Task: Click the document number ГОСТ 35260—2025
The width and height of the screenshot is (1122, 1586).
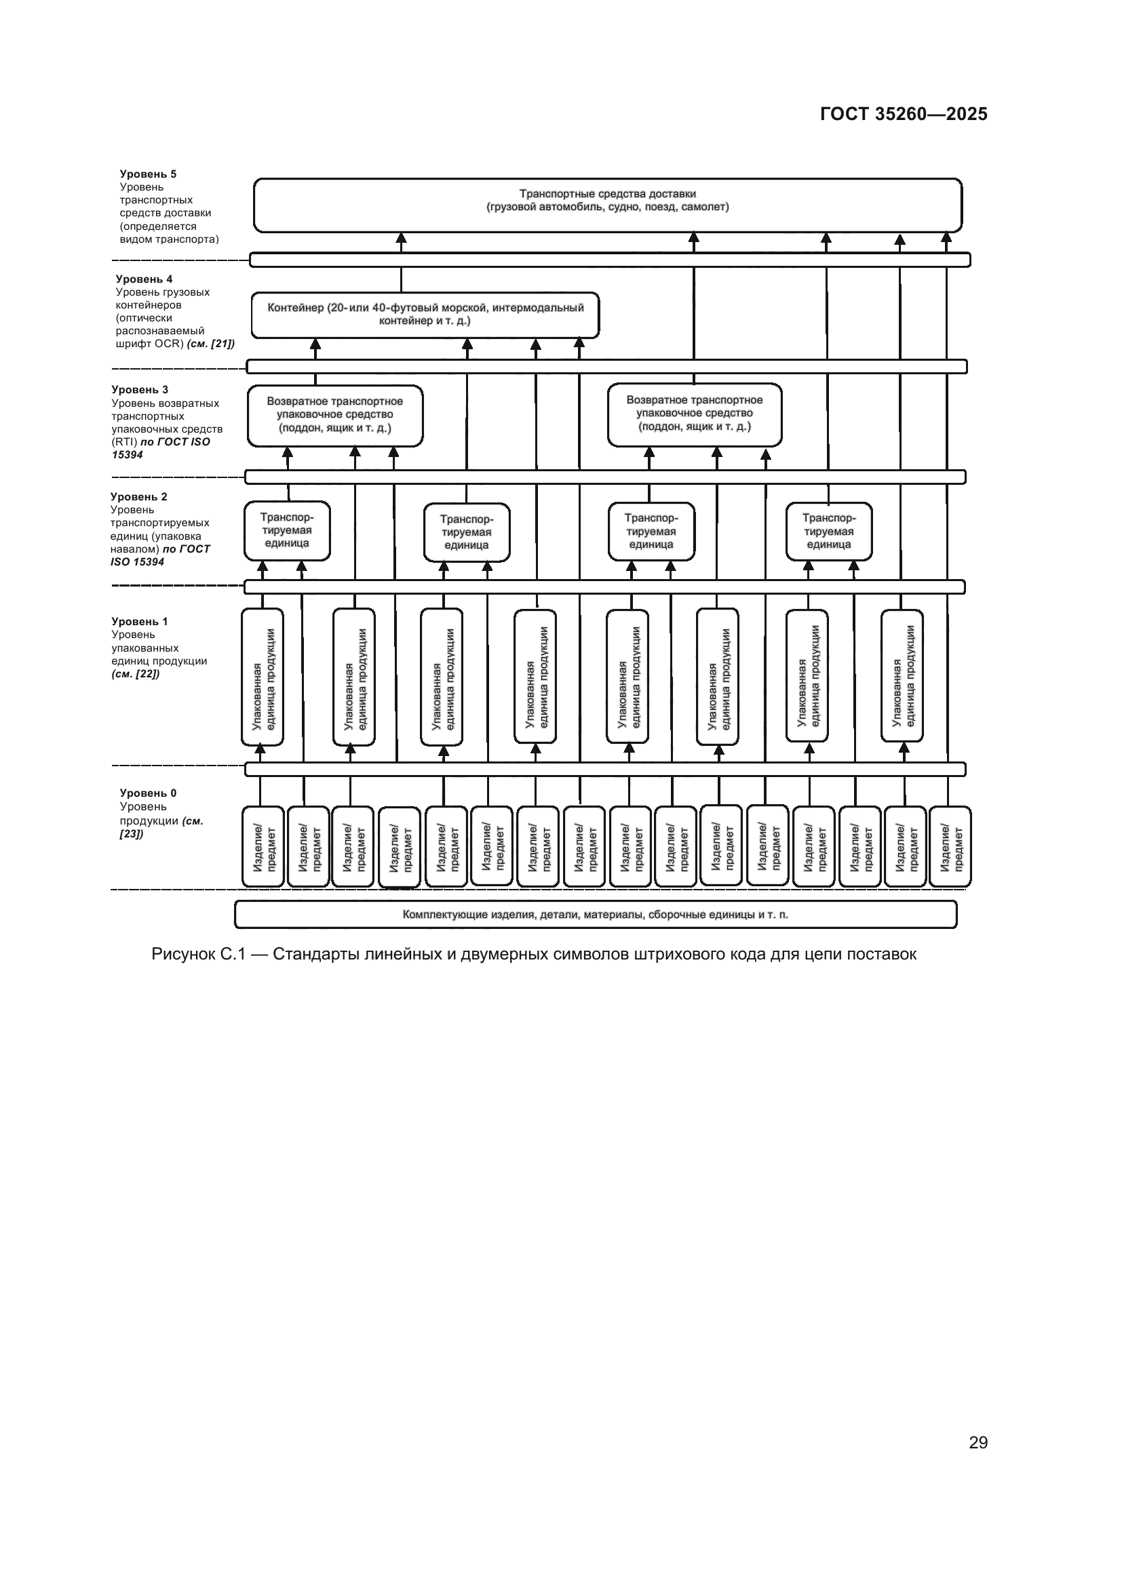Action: (903, 114)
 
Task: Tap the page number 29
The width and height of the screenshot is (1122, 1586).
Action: (978, 1442)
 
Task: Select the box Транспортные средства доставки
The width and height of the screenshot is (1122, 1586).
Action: (607, 205)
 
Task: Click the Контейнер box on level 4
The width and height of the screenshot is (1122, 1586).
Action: (425, 315)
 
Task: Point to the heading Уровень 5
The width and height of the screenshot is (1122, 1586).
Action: (148, 174)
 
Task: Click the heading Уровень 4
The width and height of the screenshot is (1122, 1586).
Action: (144, 279)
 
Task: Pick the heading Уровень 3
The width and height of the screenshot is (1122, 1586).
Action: (140, 390)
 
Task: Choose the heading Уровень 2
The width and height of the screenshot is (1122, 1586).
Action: (139, 496)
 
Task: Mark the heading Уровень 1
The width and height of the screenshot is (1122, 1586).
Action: (140, 622)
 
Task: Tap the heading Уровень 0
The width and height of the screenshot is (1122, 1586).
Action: (148, 793)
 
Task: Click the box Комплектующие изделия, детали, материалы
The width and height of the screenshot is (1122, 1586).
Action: (595, 915)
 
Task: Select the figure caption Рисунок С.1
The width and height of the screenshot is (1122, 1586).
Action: (533, 955)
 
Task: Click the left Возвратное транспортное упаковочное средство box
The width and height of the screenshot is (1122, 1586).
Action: (335, 415)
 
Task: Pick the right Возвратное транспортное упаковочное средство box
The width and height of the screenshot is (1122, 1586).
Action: (695, 414)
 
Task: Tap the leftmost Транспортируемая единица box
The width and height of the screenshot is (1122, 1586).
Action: (287, 530)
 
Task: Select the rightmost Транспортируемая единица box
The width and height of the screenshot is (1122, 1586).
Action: (828, 531)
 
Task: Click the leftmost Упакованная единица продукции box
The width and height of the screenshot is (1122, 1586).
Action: (263, 677)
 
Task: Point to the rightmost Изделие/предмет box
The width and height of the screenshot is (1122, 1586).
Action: (950, 846)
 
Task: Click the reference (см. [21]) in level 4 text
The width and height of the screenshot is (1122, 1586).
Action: (211, 343)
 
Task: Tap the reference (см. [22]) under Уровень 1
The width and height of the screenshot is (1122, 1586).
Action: (136, 674)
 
